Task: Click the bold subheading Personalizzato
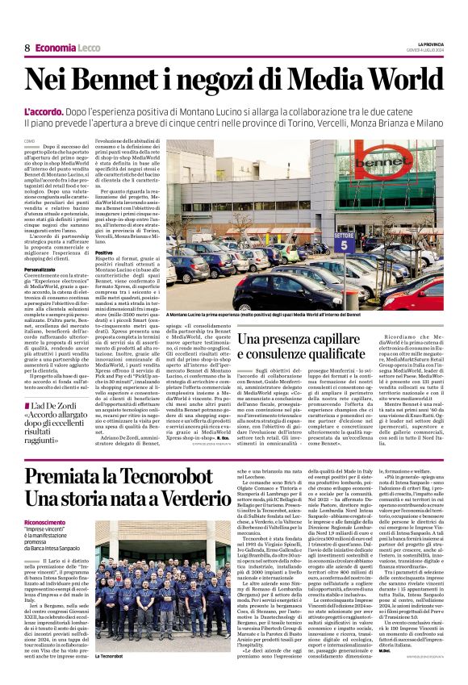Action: tap(45, 268)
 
